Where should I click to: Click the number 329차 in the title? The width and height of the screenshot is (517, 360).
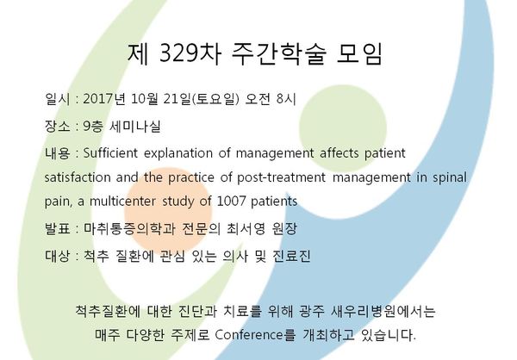190,53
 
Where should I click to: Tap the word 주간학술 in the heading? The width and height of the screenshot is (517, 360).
278,53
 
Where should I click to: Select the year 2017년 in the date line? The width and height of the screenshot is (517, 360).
104,99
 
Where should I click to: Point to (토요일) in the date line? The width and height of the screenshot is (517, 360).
215,99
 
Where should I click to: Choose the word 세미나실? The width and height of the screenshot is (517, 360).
135,126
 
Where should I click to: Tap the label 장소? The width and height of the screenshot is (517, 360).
57,126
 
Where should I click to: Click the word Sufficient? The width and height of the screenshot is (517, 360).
110,153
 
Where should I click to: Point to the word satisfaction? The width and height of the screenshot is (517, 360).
78,177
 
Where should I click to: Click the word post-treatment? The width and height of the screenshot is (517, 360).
281,178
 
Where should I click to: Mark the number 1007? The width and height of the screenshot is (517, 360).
232,201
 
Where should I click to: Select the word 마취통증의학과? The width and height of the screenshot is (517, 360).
129,228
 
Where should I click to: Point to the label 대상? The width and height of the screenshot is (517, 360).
57,256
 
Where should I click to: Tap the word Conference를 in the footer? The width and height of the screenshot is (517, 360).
255,335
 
